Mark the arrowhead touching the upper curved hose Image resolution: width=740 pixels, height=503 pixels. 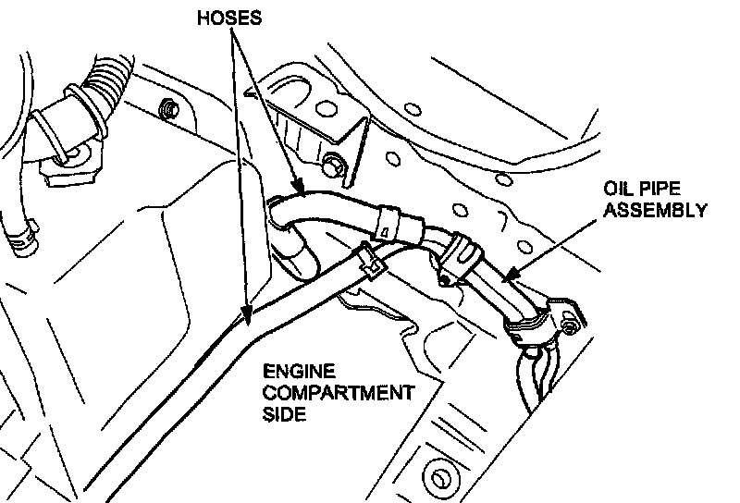[x=298, y=193]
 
